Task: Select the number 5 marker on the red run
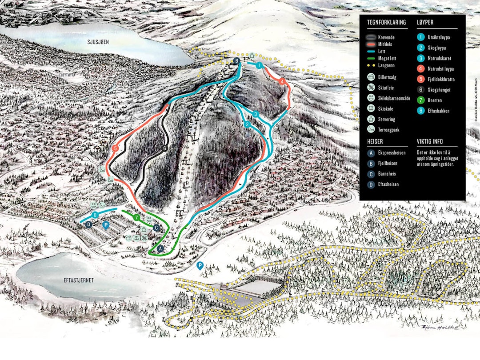point(116,148)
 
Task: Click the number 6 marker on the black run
point(164,148)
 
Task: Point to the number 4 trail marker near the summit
point(282,81)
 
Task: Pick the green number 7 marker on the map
point(137,218)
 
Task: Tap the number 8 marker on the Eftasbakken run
point(95,215)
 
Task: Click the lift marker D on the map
point(89,224)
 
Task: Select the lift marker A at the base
point(160,248)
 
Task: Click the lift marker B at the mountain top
point(237,61)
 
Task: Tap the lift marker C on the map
point(156,228)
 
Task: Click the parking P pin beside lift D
point(106,225)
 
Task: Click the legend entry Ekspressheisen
point(392,152)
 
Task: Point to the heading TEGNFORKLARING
point(386,22)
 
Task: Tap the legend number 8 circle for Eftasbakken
point(420,111)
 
